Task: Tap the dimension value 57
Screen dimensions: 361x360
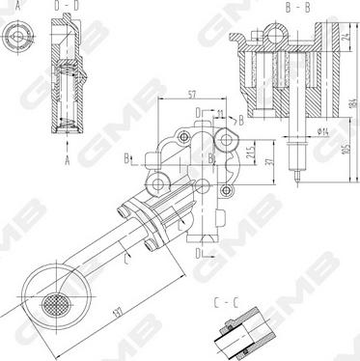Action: pyautogui.click(x=193, y=96)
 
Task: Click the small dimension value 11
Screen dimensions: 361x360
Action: pyautogui.click(x=221, y=115)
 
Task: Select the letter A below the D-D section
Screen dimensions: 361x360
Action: pyautogui.click(x=68, y=162)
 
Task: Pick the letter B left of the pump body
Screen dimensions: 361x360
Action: pyautogui.click(x=127, y=156)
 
